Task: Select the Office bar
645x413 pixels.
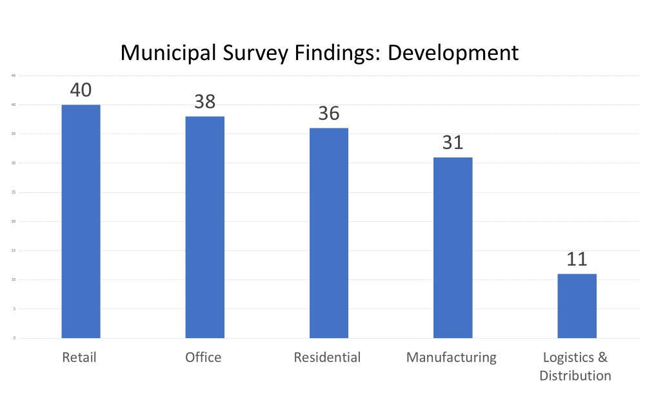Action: click(x=204, y=227)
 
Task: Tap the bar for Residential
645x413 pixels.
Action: click(x=328, y=232)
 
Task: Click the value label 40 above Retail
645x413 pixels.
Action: click(x=81, y=90)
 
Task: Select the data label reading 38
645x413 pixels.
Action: click(x=204, y=101)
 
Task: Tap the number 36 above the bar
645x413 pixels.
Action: click(x=328, y=113)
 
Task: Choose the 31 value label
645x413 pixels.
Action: click(x=452, y=142)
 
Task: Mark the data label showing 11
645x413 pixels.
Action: click(x=577, y=259)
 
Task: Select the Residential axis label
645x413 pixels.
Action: click(x=327, y=357)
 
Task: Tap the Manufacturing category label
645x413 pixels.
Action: click(x=451, y=357)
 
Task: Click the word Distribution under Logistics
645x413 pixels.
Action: click(x=575, y=375)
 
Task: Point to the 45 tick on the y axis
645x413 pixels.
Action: click(x=14, y=76)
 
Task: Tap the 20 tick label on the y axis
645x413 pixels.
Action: click(x=14, y=221)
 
